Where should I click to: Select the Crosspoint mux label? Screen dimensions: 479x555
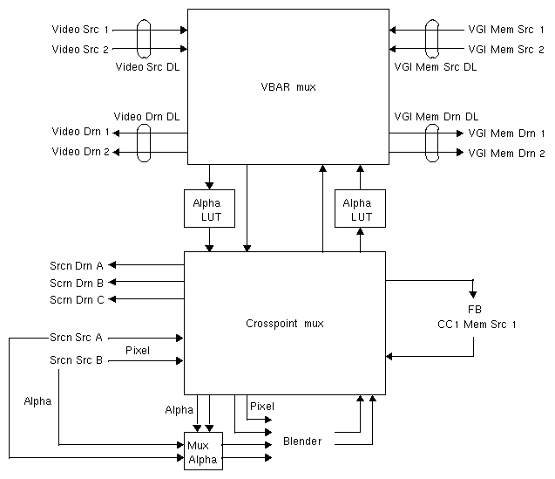tap(284, 324)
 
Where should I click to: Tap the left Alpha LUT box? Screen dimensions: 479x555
tap(207, 209)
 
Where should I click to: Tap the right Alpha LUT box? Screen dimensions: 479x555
tap(360, 209)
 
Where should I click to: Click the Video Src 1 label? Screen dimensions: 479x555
tap(80, 30)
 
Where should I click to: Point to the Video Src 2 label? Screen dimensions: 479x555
tap(80, 50)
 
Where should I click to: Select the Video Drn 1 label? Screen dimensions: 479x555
tap(81, 133)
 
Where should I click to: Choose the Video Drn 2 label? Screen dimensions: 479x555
tap(81, 153)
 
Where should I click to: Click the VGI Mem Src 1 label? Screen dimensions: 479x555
tap(506, 30)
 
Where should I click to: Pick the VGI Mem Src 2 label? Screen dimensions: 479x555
tap(506, 50)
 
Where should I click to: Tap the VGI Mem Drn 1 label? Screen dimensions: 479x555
tap(506, 133)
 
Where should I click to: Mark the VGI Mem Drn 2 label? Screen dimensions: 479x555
tap(506, 153)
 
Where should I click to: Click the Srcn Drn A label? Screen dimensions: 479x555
tap(77, 265)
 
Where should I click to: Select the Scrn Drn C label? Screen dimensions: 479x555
tap(77, 299)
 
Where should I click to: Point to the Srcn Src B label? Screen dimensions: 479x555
tap(77, 360)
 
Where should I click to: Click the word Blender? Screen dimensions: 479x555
tap(302, 441)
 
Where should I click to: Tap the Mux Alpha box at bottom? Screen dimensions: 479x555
tap(202, 451)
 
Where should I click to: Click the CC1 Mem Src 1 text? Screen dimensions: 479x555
tap(477, 324)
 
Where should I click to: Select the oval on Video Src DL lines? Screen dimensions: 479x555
tap(145, 39)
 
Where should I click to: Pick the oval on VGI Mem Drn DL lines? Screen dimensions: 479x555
tap(430, 142)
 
